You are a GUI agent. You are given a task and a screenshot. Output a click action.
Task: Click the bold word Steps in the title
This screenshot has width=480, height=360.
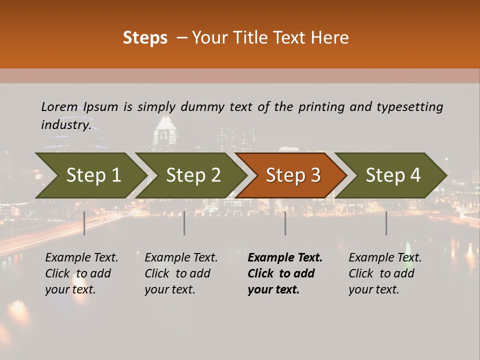tap(145, 38)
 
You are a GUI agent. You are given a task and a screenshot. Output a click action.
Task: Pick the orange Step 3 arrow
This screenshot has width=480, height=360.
tap(292, 175)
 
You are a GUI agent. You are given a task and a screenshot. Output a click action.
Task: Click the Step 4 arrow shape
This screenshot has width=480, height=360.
tap(393, 175)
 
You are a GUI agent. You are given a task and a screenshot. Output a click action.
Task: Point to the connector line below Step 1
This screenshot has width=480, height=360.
tap(84, 223)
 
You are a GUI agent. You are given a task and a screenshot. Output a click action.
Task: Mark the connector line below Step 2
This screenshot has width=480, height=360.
tap(184, 223)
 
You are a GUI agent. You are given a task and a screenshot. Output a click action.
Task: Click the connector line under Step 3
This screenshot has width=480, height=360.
tap(285, 223)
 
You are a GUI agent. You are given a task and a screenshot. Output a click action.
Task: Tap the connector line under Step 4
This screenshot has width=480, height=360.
tap(386, 223)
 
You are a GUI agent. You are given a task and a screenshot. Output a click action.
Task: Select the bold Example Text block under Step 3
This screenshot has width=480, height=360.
tap(285, 273)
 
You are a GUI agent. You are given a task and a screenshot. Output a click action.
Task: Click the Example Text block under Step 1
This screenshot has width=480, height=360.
tap(81, 273)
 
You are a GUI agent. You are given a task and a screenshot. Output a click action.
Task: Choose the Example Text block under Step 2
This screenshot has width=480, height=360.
tap(181, 273)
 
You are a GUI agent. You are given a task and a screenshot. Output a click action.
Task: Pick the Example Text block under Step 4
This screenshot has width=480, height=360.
tap(385, 273)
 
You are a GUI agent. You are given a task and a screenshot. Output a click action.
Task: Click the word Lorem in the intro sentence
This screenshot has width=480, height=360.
tap(59, 107)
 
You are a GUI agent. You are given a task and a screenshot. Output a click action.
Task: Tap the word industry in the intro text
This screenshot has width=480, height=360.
tap(65, 125)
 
